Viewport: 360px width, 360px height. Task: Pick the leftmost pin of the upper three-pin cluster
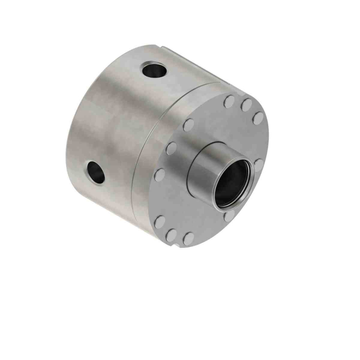pos(229,101)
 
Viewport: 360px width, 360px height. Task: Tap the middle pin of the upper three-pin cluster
pos(246,104)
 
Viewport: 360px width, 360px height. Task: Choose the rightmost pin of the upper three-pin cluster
pos(257,119)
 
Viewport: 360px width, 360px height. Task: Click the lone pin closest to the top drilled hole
pos(188,124)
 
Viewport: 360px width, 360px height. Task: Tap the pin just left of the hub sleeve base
pos(171,149)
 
